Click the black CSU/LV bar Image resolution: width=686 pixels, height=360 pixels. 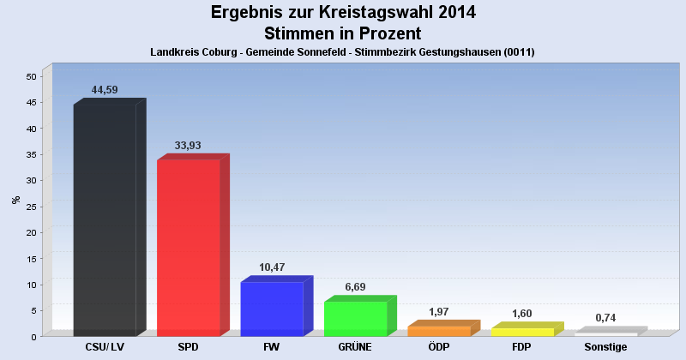point(105,220)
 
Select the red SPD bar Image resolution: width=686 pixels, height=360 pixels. point(188,248)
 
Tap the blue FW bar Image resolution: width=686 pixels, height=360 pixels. point(272,309)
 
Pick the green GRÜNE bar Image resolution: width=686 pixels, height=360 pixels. point(355,318)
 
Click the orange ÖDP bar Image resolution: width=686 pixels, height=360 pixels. point(439,331)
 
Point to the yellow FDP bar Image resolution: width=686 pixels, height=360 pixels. point(522,332)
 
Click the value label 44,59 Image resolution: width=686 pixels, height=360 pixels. point(104,90)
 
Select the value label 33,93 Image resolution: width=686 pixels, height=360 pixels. point(188,146)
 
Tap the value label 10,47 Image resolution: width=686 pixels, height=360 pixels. point(272,267)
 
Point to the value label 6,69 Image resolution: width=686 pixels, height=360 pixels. point(355,287)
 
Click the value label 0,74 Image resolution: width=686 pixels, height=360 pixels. point(606,318)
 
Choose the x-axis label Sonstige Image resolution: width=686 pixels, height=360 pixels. point(606,347)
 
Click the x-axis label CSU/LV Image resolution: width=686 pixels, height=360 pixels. point(105,347)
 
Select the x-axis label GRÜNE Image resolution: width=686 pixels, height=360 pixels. point(355,347)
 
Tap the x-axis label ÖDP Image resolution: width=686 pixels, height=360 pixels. point(439,347)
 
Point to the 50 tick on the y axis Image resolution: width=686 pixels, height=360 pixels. point(31,76)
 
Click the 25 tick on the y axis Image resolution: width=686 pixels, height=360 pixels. point(31,207)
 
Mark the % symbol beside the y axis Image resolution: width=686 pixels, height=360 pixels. point(15,200)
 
